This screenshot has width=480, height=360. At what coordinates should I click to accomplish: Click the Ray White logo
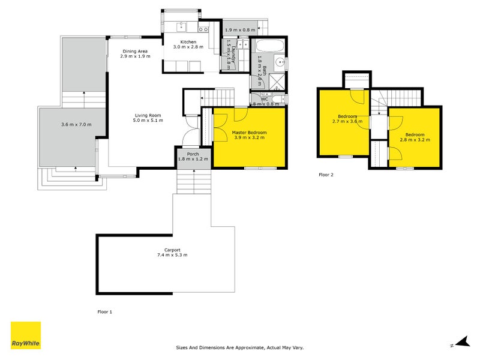click(x=26, y=335)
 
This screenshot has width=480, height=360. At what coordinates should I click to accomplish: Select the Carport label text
click(x=172, y=250)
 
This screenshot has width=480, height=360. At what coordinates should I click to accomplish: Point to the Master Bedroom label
click(x=249, y=132)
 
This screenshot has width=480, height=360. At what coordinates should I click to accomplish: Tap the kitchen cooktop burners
click(x=203, y=29)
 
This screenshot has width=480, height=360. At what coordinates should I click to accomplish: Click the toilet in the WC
click(x=277, y=99)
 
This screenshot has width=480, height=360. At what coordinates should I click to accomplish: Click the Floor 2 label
click(x=325, y=175)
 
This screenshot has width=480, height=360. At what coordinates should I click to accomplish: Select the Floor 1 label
click(x=105, y=312)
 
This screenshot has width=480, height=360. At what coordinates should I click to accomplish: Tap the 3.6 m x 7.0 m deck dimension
click(x=76, y=124)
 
